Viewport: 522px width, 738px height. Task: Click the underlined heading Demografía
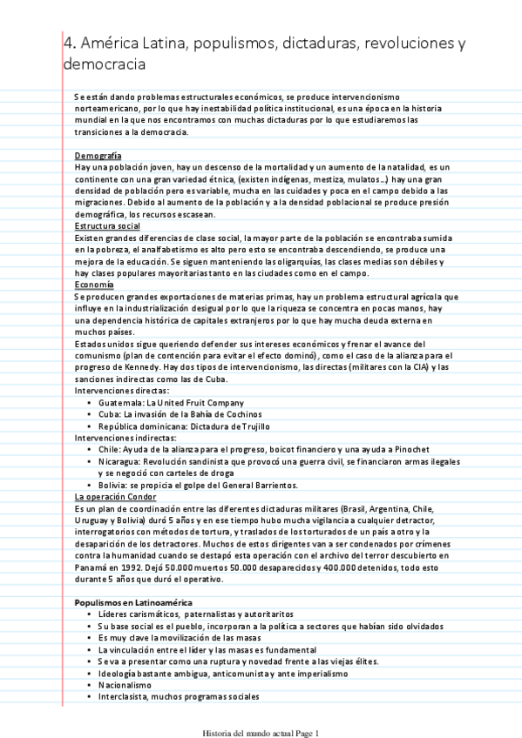coord(98,154)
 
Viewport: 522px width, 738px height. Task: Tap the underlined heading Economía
coord(95,285)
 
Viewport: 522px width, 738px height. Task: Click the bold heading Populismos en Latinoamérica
coord(133,601)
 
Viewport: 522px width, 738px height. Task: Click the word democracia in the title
coord(104,64)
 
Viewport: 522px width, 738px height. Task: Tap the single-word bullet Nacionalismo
coord(127,684)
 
